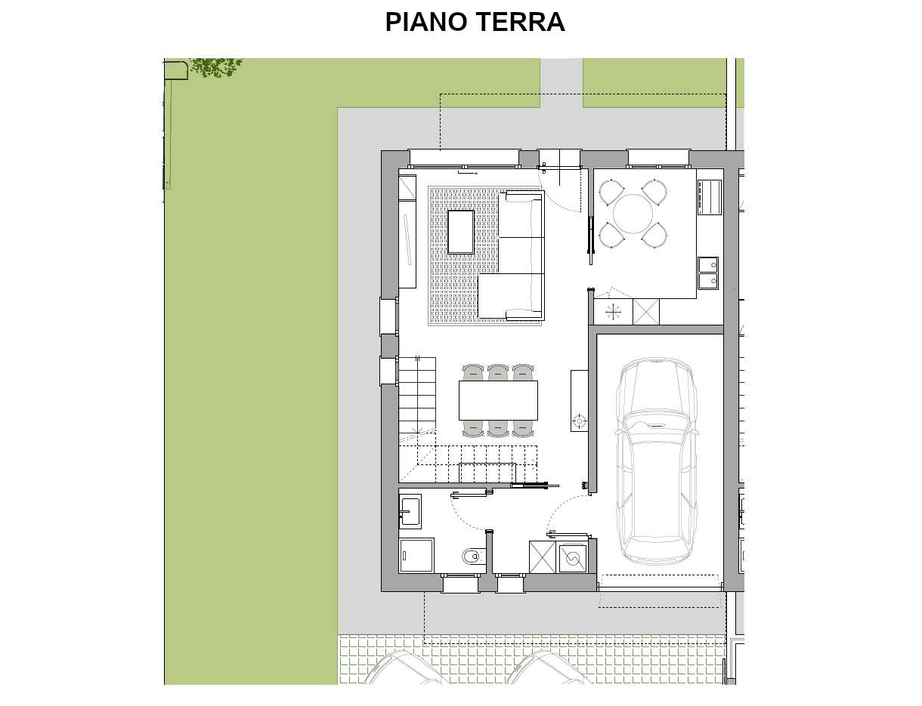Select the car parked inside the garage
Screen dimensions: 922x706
(656, 461)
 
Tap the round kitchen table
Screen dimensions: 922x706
(633, 214)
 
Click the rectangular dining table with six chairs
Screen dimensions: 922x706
(498, 400)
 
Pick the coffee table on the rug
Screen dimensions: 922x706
(461, 233)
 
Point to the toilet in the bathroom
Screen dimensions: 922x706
(473, 556)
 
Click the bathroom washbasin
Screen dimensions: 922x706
(410, 511)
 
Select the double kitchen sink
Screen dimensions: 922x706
(708, 273)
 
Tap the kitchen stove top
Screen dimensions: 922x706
(710, 197)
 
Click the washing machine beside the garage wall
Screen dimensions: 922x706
(573, 559)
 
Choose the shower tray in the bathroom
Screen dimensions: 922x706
(416, 556)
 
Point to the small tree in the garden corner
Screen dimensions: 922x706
(216, 67)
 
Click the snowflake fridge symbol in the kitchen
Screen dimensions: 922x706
(613, 313)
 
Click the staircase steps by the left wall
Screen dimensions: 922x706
(417, 394)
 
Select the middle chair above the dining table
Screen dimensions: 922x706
(498, 372)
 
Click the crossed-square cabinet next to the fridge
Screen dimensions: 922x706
(646, 313)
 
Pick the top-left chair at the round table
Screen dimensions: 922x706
(611, 193)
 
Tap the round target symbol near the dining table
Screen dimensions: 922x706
(579, 421)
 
